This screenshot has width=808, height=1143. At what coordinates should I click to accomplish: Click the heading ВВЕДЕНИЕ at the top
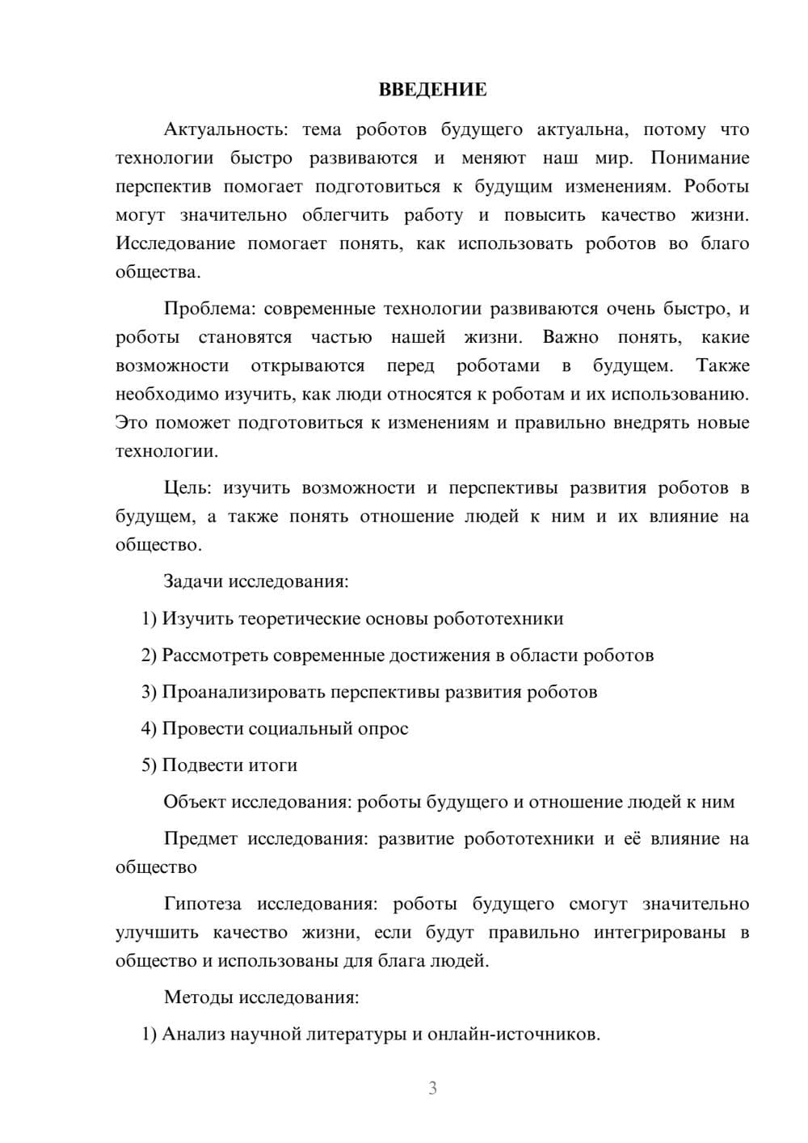click(x=432, y=90)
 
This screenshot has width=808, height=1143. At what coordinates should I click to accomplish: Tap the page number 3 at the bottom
click(x=432, y=1088)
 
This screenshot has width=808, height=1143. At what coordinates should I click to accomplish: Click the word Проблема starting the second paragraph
click(x=209, y=309)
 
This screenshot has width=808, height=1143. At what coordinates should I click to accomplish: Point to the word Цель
click(x=187, y=487)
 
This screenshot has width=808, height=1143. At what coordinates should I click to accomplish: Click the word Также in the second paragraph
click(x=722, y=366)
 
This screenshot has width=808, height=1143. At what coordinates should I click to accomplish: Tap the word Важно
click(x=570, y=337)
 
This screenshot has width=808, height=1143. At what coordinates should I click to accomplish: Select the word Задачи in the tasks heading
click(x=193, y=582)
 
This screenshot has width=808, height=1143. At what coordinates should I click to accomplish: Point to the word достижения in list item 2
click(x=439, y=656)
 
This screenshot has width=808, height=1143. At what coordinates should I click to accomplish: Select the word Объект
click(x=195, y=802)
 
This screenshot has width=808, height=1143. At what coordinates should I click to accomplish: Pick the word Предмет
click(x=200, y=839)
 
